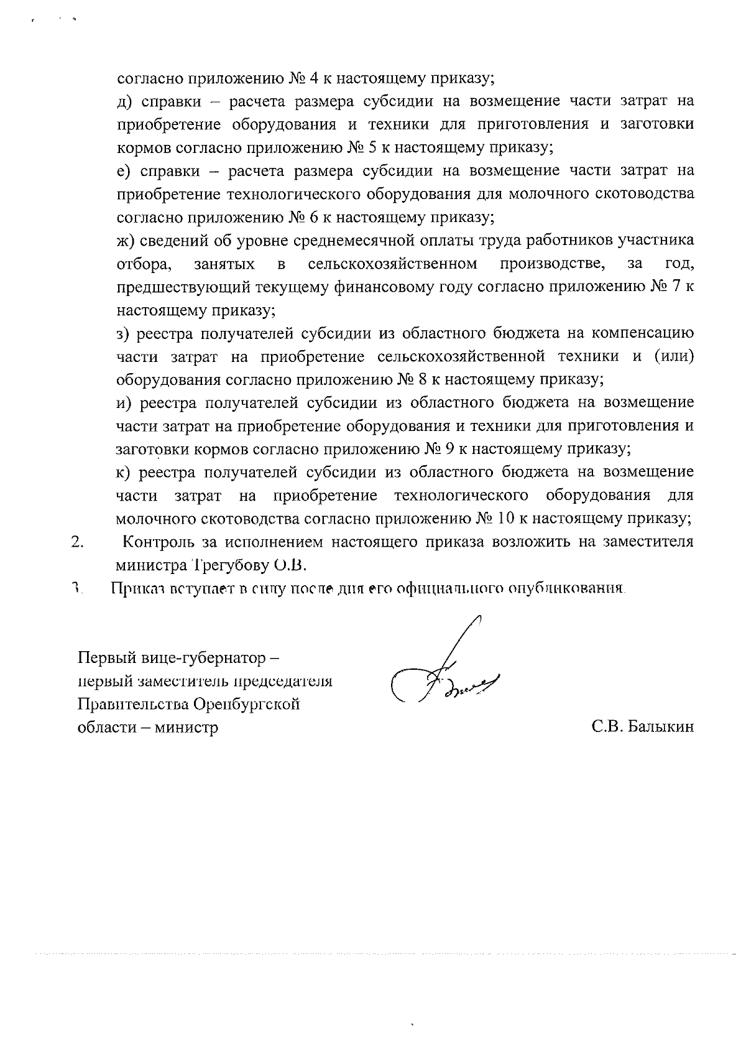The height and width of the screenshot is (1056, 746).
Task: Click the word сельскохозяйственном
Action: pos(392,264)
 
